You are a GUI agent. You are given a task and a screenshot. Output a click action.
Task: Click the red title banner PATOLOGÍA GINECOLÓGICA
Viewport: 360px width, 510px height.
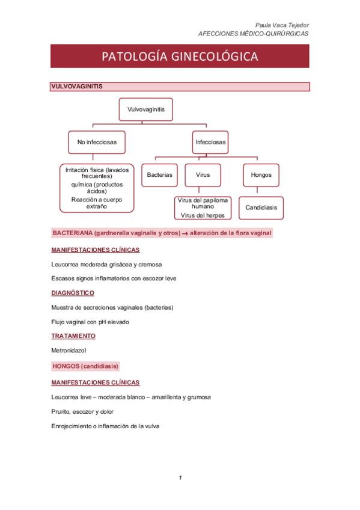pos(180,57)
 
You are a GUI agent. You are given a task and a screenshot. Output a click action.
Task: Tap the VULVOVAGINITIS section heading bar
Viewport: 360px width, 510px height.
pos(180,87)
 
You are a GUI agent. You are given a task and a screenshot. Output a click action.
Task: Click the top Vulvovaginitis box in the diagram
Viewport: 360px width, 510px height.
pos(146,109)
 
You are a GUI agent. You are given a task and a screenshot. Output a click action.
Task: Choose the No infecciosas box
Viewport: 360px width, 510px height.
pos(97,143)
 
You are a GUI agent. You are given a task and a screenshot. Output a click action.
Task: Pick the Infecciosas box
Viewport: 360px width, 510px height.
pos(210,143)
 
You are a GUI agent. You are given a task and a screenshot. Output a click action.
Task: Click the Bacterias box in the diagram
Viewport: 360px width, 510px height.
pos(159,175)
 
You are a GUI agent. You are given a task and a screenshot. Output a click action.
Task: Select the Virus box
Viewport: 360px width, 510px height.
pos(203,175)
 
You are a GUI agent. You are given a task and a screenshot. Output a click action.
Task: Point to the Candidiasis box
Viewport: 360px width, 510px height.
pos(261,207)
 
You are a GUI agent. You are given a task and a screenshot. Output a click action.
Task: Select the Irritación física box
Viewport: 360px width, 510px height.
pos(97,188)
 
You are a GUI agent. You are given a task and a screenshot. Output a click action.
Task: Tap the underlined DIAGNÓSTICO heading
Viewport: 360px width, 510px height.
pos(73,293)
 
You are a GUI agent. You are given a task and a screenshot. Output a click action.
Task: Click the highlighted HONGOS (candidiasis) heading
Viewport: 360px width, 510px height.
pos(86,366)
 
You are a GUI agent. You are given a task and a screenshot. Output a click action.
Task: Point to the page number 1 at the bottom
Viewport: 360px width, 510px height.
pos(180,478)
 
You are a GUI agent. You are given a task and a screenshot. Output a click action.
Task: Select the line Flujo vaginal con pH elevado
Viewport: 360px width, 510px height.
pos(90,322)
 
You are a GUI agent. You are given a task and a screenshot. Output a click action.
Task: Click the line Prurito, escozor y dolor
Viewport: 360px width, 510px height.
pos(82,411)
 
